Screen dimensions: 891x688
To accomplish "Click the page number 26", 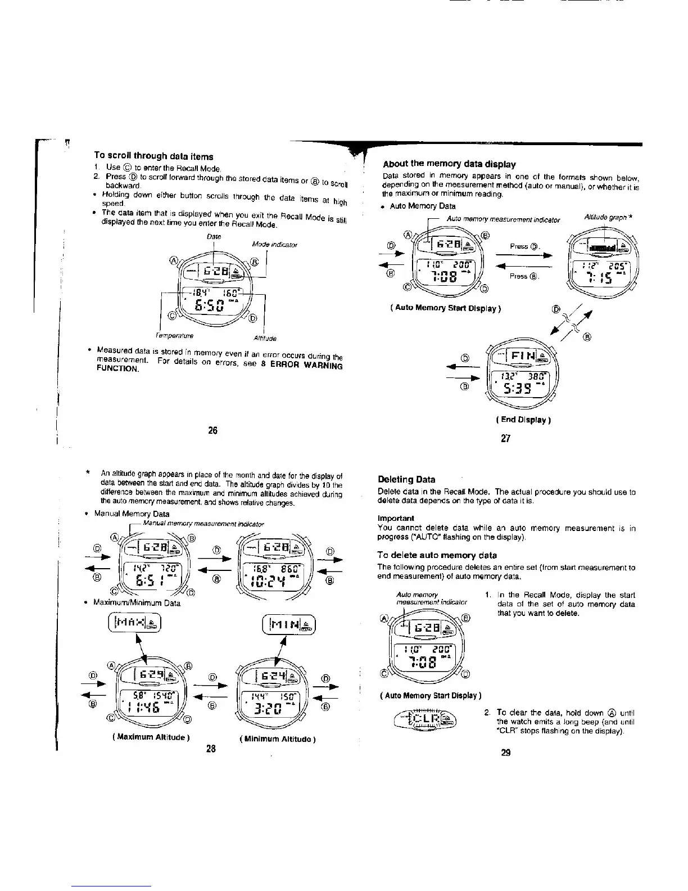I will (212, 431).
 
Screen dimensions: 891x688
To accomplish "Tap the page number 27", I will (505, 439).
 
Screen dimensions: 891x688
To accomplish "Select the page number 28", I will (211, 749).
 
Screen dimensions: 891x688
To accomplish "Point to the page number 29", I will (505, 753).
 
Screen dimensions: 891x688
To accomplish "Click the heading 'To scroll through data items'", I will (153, 156).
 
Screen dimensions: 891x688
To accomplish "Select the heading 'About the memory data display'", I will (449, 164).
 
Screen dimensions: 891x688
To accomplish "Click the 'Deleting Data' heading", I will (407, 480).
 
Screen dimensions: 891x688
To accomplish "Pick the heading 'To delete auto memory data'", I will (437, 555).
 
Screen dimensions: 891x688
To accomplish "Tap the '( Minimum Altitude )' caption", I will (277, 739).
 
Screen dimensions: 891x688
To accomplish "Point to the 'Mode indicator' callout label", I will (274, 245).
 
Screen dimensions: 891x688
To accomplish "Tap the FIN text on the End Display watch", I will (517, 355).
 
